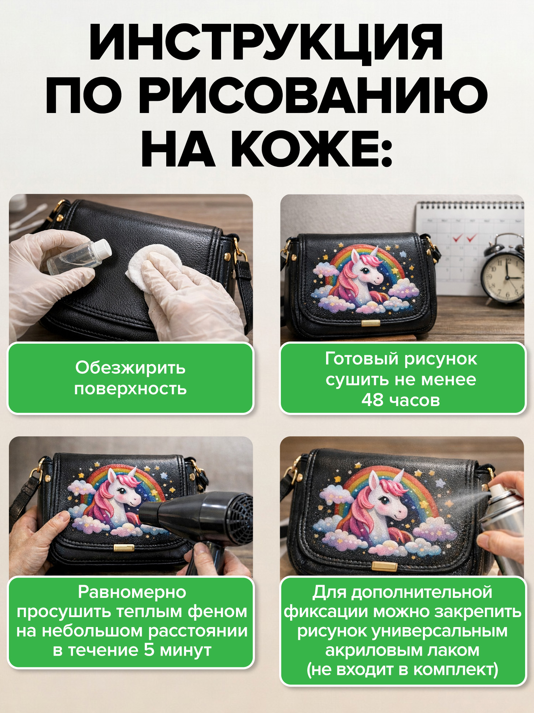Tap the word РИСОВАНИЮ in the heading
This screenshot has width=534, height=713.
click(313, 97)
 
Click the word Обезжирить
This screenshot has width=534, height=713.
click(130, 368)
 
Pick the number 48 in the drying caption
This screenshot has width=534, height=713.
click(372, 400)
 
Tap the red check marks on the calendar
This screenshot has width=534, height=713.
click(464, 238)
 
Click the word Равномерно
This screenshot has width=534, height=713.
click(132, 592)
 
